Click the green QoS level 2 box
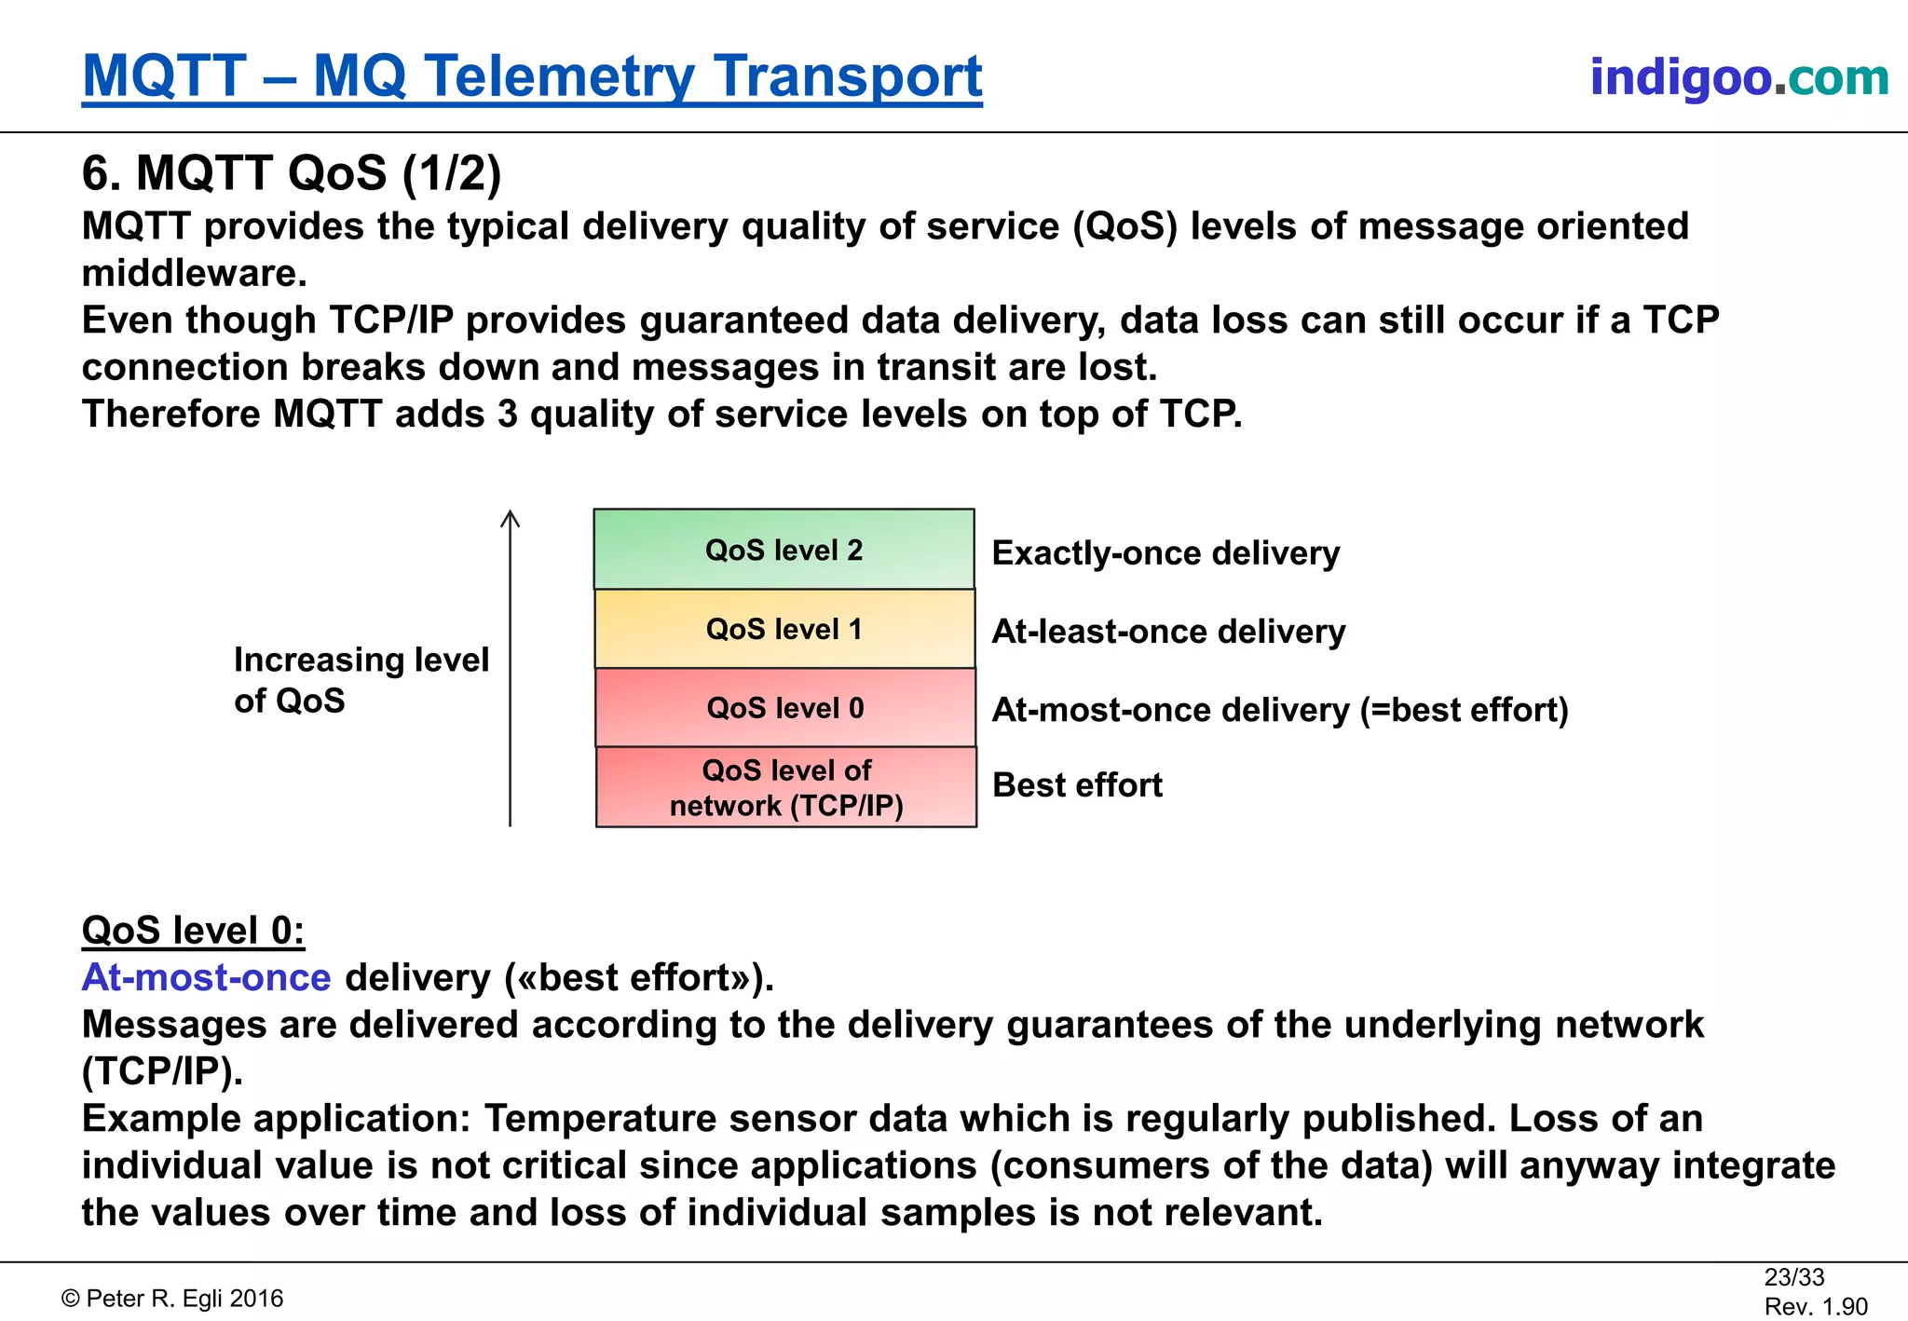tap(784, 550)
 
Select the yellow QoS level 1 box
tap(784, 629)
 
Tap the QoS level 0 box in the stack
tap(785, 708)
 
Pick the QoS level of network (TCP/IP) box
tap(786, 787)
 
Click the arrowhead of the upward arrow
tap(510, 517)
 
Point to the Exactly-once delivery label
tap(1165, 553)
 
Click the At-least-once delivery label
tap(1168, 632)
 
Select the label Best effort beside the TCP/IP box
tap(1077, 785)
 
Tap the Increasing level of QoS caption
tap(361, 680)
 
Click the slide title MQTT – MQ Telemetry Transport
tap(532, 76)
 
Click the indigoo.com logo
tap(1738, 77)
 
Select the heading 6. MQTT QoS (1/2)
tap(292, 173)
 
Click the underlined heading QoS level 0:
tap(193, 931)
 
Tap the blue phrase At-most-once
tap(206, 978)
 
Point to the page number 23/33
tap(1793, 1277)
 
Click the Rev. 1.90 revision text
tap(1816, 1307)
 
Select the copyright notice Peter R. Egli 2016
tap(173, 1299)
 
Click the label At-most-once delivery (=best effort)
tap(1280, 710)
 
